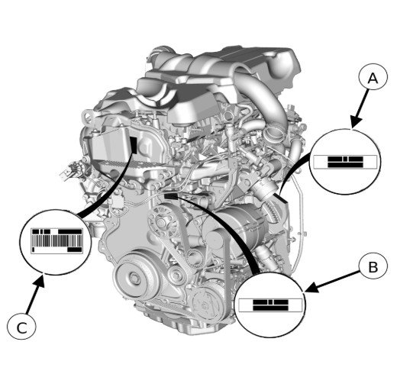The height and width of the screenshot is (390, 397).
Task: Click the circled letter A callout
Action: (373, 76)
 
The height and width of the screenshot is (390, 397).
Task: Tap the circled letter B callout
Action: (373, 267)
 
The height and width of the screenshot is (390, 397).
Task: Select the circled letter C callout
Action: (21, 327)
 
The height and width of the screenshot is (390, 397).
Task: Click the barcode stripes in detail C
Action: (56, 240)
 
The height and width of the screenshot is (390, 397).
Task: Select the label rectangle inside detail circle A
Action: (344, 162)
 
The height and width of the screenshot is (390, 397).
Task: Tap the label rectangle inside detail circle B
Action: (270, 305)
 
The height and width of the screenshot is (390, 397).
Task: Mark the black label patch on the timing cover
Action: (134, 145)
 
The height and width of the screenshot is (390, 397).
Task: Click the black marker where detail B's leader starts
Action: (170, 196)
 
